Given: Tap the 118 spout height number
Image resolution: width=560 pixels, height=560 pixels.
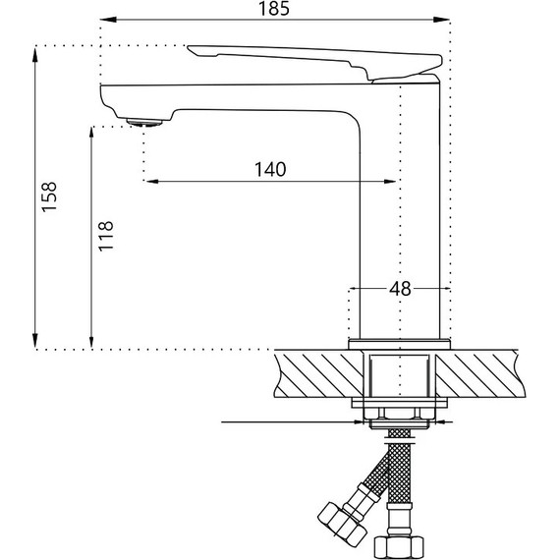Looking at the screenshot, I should [x=107, y=236].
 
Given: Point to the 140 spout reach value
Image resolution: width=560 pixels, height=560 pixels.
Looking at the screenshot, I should [x=270, y=169].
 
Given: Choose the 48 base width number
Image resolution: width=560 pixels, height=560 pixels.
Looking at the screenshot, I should [x=400, y=289].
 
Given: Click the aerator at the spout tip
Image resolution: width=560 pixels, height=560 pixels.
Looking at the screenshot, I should [x=143, y=122].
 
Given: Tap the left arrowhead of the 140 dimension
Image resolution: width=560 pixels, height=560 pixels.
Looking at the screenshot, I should [x=150, y=180].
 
